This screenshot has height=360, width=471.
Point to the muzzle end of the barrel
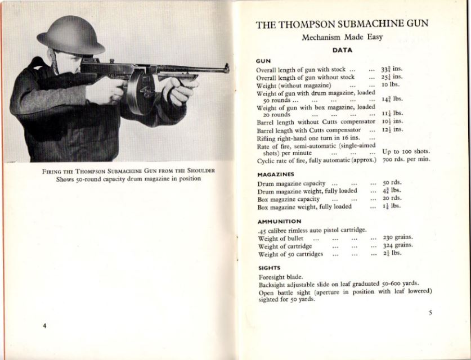pos(226,68)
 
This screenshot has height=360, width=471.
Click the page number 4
pos(44,326)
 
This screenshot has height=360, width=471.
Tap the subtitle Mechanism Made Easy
pos(342,38)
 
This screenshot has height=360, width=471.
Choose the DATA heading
pos(342,50)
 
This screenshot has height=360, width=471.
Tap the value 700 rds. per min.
pos(406,159)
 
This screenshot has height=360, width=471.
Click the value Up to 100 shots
pos(406,151)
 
